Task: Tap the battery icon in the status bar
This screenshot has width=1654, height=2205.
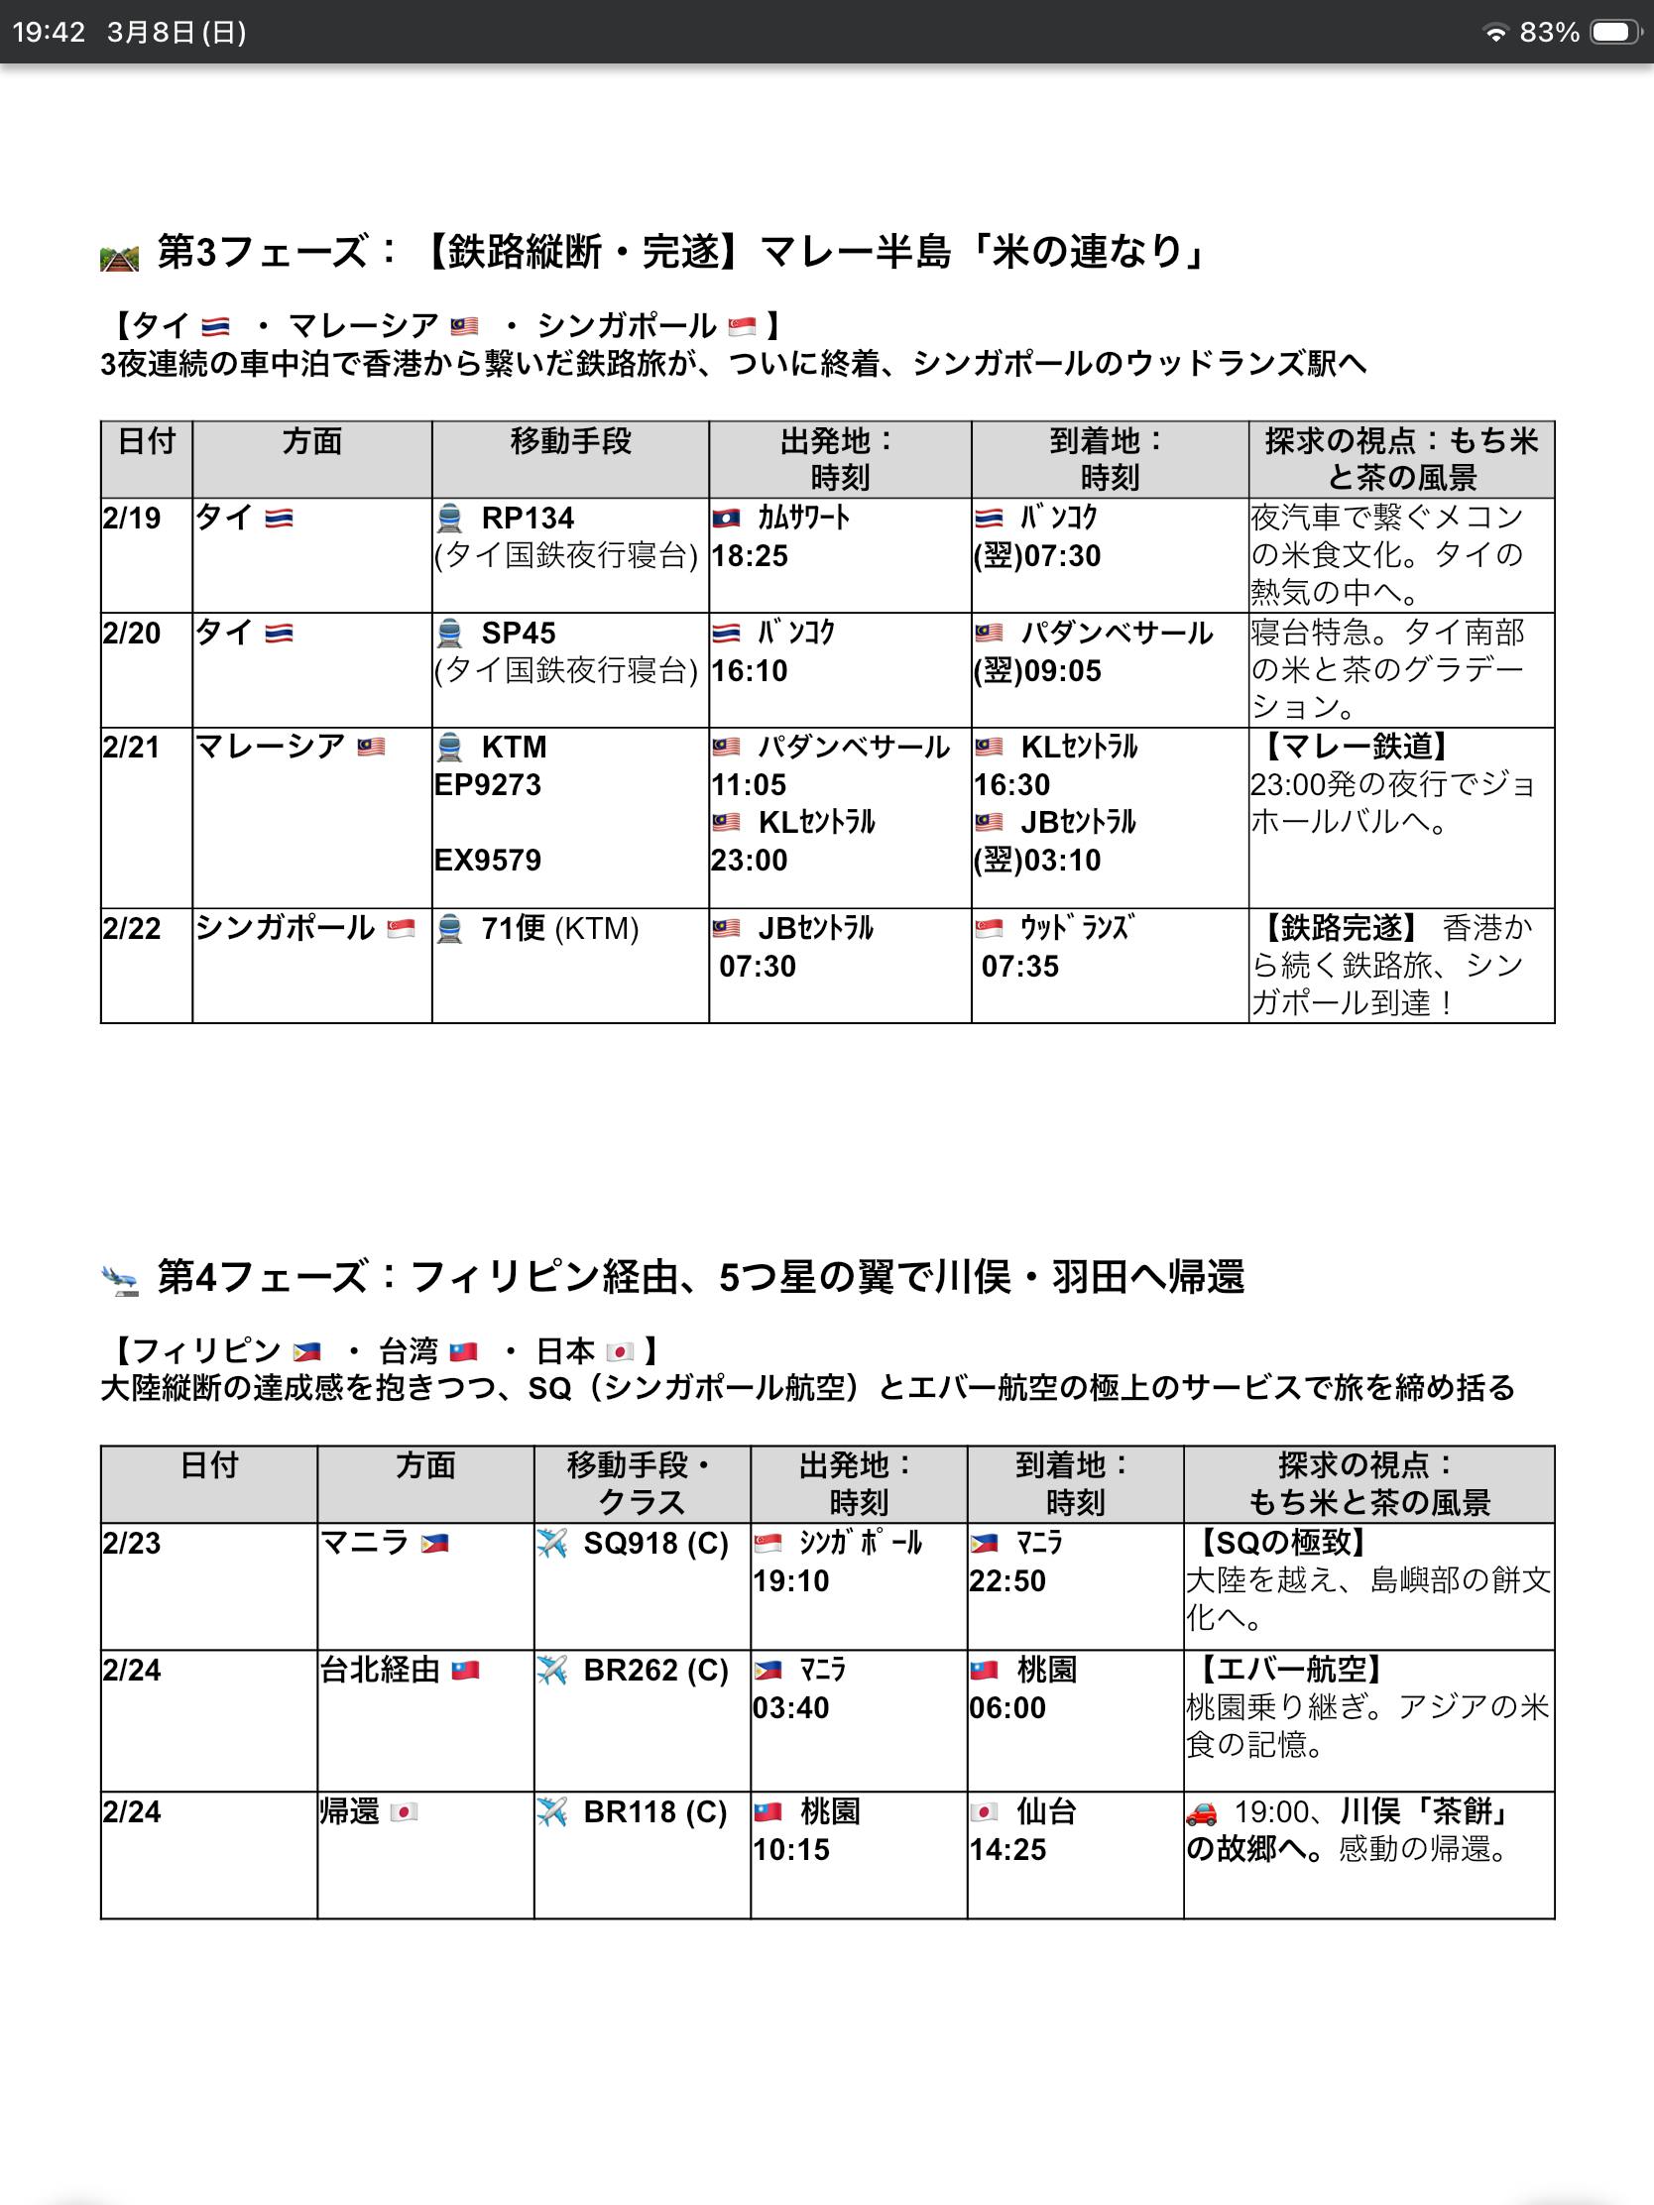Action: tap(1615, 33)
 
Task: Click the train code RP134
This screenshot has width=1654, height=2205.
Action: tap(528, 519)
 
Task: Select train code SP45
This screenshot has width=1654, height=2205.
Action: tap(519, 633)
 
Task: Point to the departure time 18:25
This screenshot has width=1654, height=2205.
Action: tap(750, 556)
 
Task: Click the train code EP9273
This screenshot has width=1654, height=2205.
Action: tap(488, 784)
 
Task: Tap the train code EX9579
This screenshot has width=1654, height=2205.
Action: tap(488, 861)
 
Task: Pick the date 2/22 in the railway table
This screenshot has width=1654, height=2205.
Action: tap(132, 929)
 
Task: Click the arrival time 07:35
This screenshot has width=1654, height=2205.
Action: tap(1020, 966)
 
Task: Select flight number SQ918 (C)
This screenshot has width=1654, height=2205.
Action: tap(656, 1544)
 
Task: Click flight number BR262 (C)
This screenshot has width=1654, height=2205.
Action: tap(656, 1670)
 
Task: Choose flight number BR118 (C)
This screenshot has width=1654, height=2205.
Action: tap(655, 1811)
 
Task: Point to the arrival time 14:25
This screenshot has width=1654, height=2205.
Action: tap(1007, 1850)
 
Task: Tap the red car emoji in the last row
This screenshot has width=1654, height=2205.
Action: tap(1203, 1812)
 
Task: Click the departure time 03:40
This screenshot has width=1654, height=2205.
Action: tap(790, 1708)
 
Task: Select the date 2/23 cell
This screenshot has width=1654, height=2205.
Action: tap(132, 1544)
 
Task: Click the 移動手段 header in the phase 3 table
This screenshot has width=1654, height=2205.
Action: tap(570, 441)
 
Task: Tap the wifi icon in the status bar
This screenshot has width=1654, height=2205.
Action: tap(1495, 33)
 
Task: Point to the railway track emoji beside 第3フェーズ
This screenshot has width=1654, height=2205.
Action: tap(120, 257)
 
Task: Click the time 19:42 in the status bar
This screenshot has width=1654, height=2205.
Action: tap(49, 33)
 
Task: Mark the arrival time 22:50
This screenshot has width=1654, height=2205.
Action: tap(1007, 1582)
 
